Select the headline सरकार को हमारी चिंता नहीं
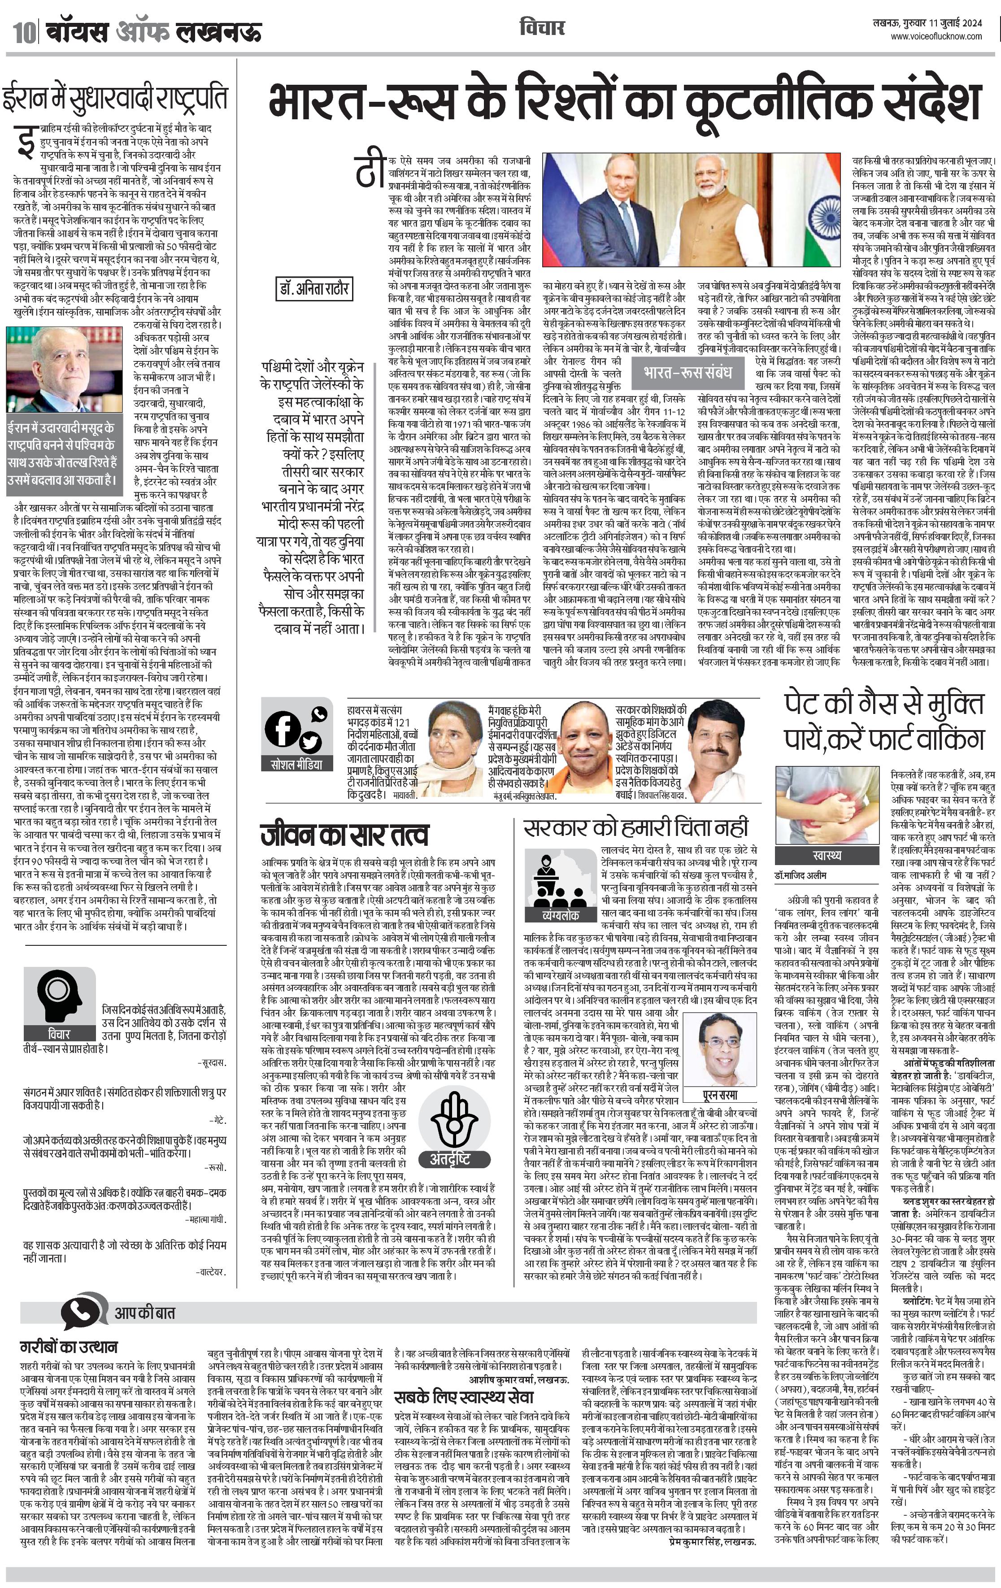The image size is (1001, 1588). (636, 827)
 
